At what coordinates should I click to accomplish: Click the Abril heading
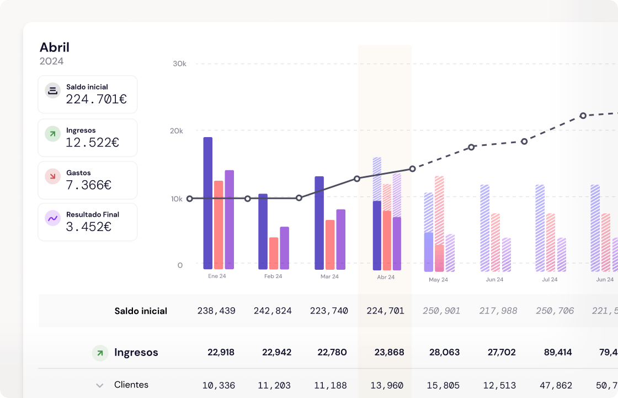click(x=55, y=48)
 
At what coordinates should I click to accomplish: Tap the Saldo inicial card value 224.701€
click(x=96, y=99)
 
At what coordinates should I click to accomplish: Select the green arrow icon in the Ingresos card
click(x=52, y=134)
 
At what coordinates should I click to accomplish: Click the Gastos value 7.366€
click(x=88, y=185)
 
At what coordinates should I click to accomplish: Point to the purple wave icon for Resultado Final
click(x=52, y=218)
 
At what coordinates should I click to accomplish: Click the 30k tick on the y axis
click(x=179, y=64)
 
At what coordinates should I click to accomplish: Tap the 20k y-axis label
click(x=176, y=131)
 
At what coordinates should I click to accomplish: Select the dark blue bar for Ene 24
click(x=208, y=203)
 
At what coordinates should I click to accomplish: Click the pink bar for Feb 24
click(x=274, y=253)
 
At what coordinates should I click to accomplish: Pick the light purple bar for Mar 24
click(x=340, y=239)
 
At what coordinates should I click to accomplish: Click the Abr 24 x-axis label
click(x=386, y=277)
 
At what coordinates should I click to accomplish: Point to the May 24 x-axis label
click(x=438, y=280)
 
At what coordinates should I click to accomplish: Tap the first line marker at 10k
click(x=190, y=198)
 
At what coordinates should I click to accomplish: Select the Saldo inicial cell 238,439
click(x=216, y=311)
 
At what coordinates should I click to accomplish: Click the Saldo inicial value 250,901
click(x=441, y=311)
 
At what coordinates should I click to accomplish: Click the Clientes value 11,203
click(x=273, y=385)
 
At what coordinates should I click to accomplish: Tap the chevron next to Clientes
click(x=100, y=385)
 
